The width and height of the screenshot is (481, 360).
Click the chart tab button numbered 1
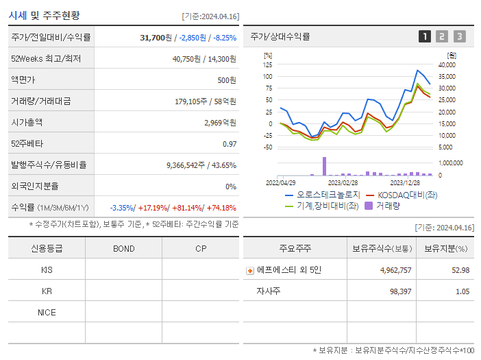tap(425, 36)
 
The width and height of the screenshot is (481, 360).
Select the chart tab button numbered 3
tap(460, 36)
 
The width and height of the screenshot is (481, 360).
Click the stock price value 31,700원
tap(156, 38)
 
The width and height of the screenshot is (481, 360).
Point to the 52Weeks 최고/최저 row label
tap(46, 59)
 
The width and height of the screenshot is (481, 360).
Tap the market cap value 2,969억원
tap(220, 123)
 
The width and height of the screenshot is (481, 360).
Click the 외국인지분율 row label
tap(36, 187)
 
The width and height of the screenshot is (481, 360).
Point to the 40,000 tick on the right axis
tap(446, 64)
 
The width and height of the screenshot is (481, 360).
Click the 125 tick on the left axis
tap(268, 64)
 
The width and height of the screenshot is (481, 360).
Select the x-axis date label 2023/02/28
tap(343, 182)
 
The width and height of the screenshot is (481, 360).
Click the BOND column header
tap(123, 248)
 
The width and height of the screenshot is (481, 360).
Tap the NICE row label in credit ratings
tap(47, 312)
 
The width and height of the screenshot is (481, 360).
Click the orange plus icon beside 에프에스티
tap(249, 270)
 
